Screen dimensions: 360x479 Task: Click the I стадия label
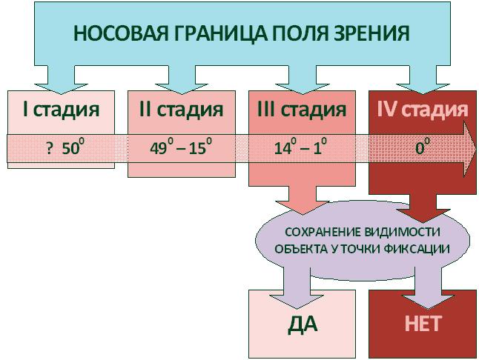61,110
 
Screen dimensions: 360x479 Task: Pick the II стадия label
181,110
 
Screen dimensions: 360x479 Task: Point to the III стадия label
301,110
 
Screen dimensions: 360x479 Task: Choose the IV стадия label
422,110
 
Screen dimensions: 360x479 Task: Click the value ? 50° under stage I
62,147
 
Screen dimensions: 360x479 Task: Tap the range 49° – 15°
181,147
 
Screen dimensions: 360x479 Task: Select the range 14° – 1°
300,147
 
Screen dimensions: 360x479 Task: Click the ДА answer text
302,324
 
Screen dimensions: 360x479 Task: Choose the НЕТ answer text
423,324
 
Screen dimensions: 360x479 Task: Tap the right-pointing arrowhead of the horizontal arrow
469,147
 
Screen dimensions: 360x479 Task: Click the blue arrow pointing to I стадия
61,75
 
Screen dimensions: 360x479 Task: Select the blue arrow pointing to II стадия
181,75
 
